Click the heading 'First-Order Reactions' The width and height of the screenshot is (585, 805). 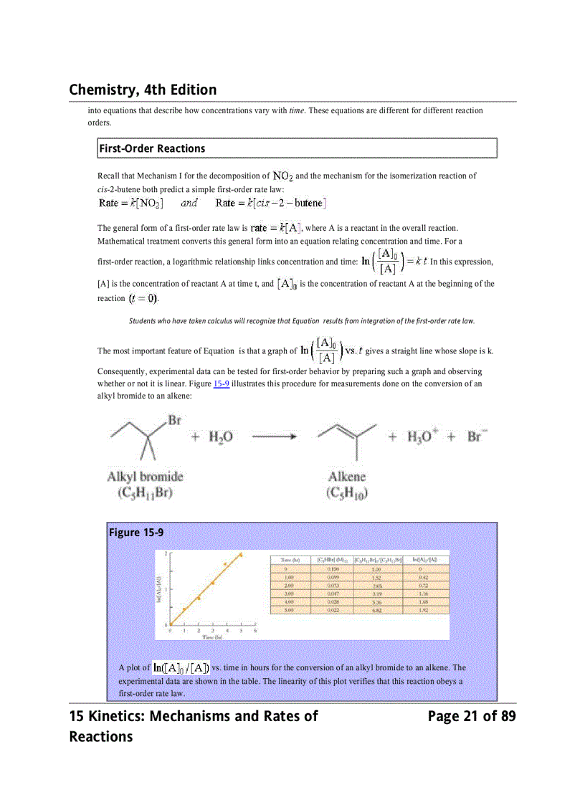point(152,148)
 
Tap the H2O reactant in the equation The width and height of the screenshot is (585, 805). point(220,437)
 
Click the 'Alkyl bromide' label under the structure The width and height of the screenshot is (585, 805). point(145,477)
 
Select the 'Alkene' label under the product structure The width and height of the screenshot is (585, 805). point(346,477)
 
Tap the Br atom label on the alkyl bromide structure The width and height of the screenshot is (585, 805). point(174,420)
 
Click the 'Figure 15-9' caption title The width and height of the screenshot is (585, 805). point(136,533)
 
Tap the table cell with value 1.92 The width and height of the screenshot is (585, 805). point(423,610)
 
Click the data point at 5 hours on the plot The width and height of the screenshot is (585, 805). point(241,555)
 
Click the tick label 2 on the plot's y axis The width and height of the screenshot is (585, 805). point(166,554)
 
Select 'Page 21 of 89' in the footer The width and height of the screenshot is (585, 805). point(471,716)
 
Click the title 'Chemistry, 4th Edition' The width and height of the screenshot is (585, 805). point(143,90)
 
